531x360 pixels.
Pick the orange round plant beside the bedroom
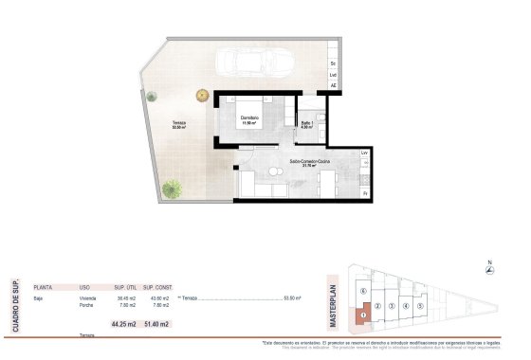pyautogui.click(x=201, y=95)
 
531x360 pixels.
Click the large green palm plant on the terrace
pyautogui.click(x=171, y=189)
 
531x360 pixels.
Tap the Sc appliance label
pyautogui.click(x=334, y=63)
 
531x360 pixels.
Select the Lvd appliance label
pyautogui.click(x=334, y=75)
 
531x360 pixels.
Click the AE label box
pyautogui.click(x=334, y=86)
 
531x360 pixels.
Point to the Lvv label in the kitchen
pyautogui.click(x=364, y=153)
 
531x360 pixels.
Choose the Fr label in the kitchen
pyautogui.click(x=364, y=193)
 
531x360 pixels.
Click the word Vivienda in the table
pyautogui.click(x=88, y=298)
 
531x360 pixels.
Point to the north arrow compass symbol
pyautogui.click(x=488, y=270)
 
